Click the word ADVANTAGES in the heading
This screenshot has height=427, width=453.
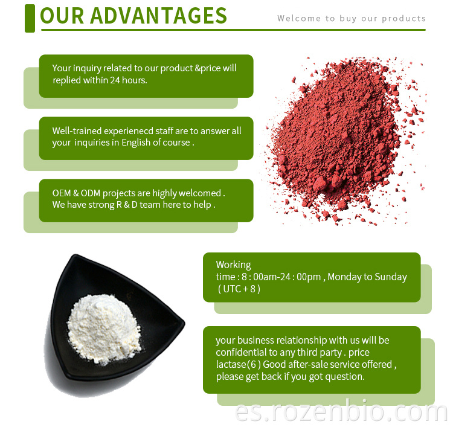pyautogui.click(x=158, y=16)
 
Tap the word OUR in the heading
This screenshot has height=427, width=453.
pyautogui.click(x=62, y=16)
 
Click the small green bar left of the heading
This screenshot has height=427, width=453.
pyautogui.click(x=30, y=18)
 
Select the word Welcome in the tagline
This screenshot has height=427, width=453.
pyautogui.click(x=299, y=19)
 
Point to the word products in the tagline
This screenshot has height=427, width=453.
pyautogui.click(x=403, y=19)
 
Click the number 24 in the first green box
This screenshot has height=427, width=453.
pyautogui.click(x=115, y=80)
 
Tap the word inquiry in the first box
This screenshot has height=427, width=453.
pyautogui.click(x=87, y=68)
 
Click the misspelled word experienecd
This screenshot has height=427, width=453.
pyautogui.click(x=128, y=131)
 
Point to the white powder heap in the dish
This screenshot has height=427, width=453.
pyautogui.click(x=104, y=328)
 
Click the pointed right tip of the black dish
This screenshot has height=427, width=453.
pyautogui.click(x=184, y=323)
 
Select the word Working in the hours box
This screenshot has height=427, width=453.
pyautogui.click(x=233, y=265)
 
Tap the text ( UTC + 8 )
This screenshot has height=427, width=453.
pyautogui.click(x=239, y=289)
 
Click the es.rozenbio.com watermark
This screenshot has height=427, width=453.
pyautogui.click(x=341, y=413)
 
